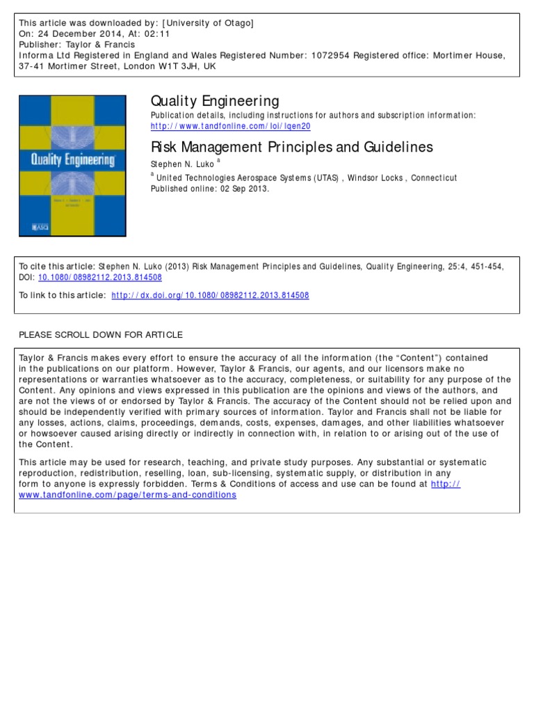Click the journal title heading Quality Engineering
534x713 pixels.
click(x=215, y=102)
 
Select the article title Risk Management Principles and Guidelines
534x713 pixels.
click(x=291, y=147)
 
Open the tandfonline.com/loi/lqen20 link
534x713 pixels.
click(x=220, y=126)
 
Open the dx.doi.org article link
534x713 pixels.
click(x=210, y=295)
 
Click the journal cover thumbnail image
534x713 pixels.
click(x=72, y=165)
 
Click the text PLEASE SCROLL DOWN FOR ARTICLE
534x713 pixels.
click(x=101, y=335)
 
